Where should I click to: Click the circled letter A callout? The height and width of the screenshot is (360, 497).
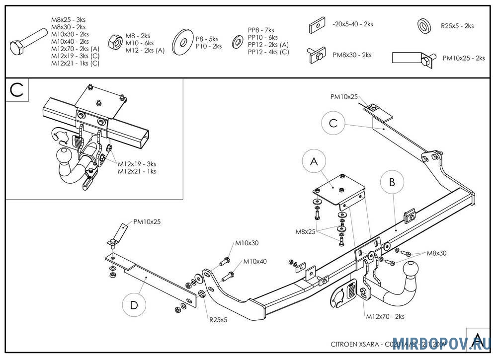(314, 161)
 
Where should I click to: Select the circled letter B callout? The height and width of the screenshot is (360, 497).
(392, 182)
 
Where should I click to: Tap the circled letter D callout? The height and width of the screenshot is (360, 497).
(134, 304)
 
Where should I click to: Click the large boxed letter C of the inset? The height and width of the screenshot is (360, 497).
(16, 90)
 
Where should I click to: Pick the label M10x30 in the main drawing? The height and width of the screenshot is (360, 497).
(247, 243)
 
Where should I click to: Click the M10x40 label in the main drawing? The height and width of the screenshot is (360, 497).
(255, 262)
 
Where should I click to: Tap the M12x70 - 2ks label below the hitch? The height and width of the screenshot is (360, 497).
(385, 316)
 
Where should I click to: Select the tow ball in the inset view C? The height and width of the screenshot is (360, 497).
(65, 154)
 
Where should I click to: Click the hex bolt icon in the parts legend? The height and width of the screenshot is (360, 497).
(28, 43)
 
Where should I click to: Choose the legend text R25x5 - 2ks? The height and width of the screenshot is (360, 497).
(457, 26)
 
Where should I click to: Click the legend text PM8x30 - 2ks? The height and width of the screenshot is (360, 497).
(352, 55)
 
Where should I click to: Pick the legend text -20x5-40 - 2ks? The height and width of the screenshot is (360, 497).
(353, 23)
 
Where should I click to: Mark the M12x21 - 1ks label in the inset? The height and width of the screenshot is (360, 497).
(137, 171)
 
